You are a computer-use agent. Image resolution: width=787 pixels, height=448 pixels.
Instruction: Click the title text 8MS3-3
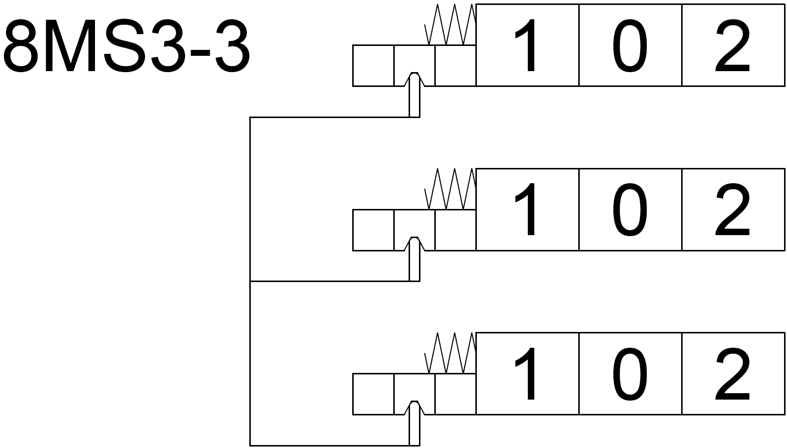127,47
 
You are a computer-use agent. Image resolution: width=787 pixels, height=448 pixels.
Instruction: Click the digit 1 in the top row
526,46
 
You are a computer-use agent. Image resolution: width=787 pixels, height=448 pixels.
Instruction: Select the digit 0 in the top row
630,46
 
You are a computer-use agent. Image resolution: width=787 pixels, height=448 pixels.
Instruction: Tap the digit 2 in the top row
733,46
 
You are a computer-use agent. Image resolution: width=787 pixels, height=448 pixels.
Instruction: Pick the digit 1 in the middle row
526,210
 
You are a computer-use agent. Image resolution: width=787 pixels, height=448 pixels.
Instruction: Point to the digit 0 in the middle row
630,210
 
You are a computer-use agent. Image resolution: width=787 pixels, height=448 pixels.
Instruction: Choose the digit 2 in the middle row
733,210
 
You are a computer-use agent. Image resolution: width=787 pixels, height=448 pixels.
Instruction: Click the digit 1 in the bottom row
526,374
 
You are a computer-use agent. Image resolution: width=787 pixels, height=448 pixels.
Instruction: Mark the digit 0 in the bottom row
630,374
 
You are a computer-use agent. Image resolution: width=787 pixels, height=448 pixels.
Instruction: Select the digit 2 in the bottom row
733,374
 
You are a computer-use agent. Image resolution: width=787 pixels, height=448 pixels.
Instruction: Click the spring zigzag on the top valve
451,25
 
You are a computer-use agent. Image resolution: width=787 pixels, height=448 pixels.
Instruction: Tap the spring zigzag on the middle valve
451,189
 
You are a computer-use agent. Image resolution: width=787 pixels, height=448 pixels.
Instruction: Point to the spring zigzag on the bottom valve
451,353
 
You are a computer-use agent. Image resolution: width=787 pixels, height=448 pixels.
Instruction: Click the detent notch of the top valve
415,79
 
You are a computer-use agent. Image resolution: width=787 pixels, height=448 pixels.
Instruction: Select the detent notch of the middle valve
415,243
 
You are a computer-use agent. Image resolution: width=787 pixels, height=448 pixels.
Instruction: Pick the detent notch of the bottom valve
415,407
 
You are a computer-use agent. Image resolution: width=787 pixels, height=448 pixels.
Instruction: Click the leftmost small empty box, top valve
373,66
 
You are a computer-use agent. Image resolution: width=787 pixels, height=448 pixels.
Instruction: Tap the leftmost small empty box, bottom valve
373,394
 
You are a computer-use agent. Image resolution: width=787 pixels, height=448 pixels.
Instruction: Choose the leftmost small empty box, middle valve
373,230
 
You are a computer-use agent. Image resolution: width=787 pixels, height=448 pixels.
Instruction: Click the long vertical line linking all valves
250,282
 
